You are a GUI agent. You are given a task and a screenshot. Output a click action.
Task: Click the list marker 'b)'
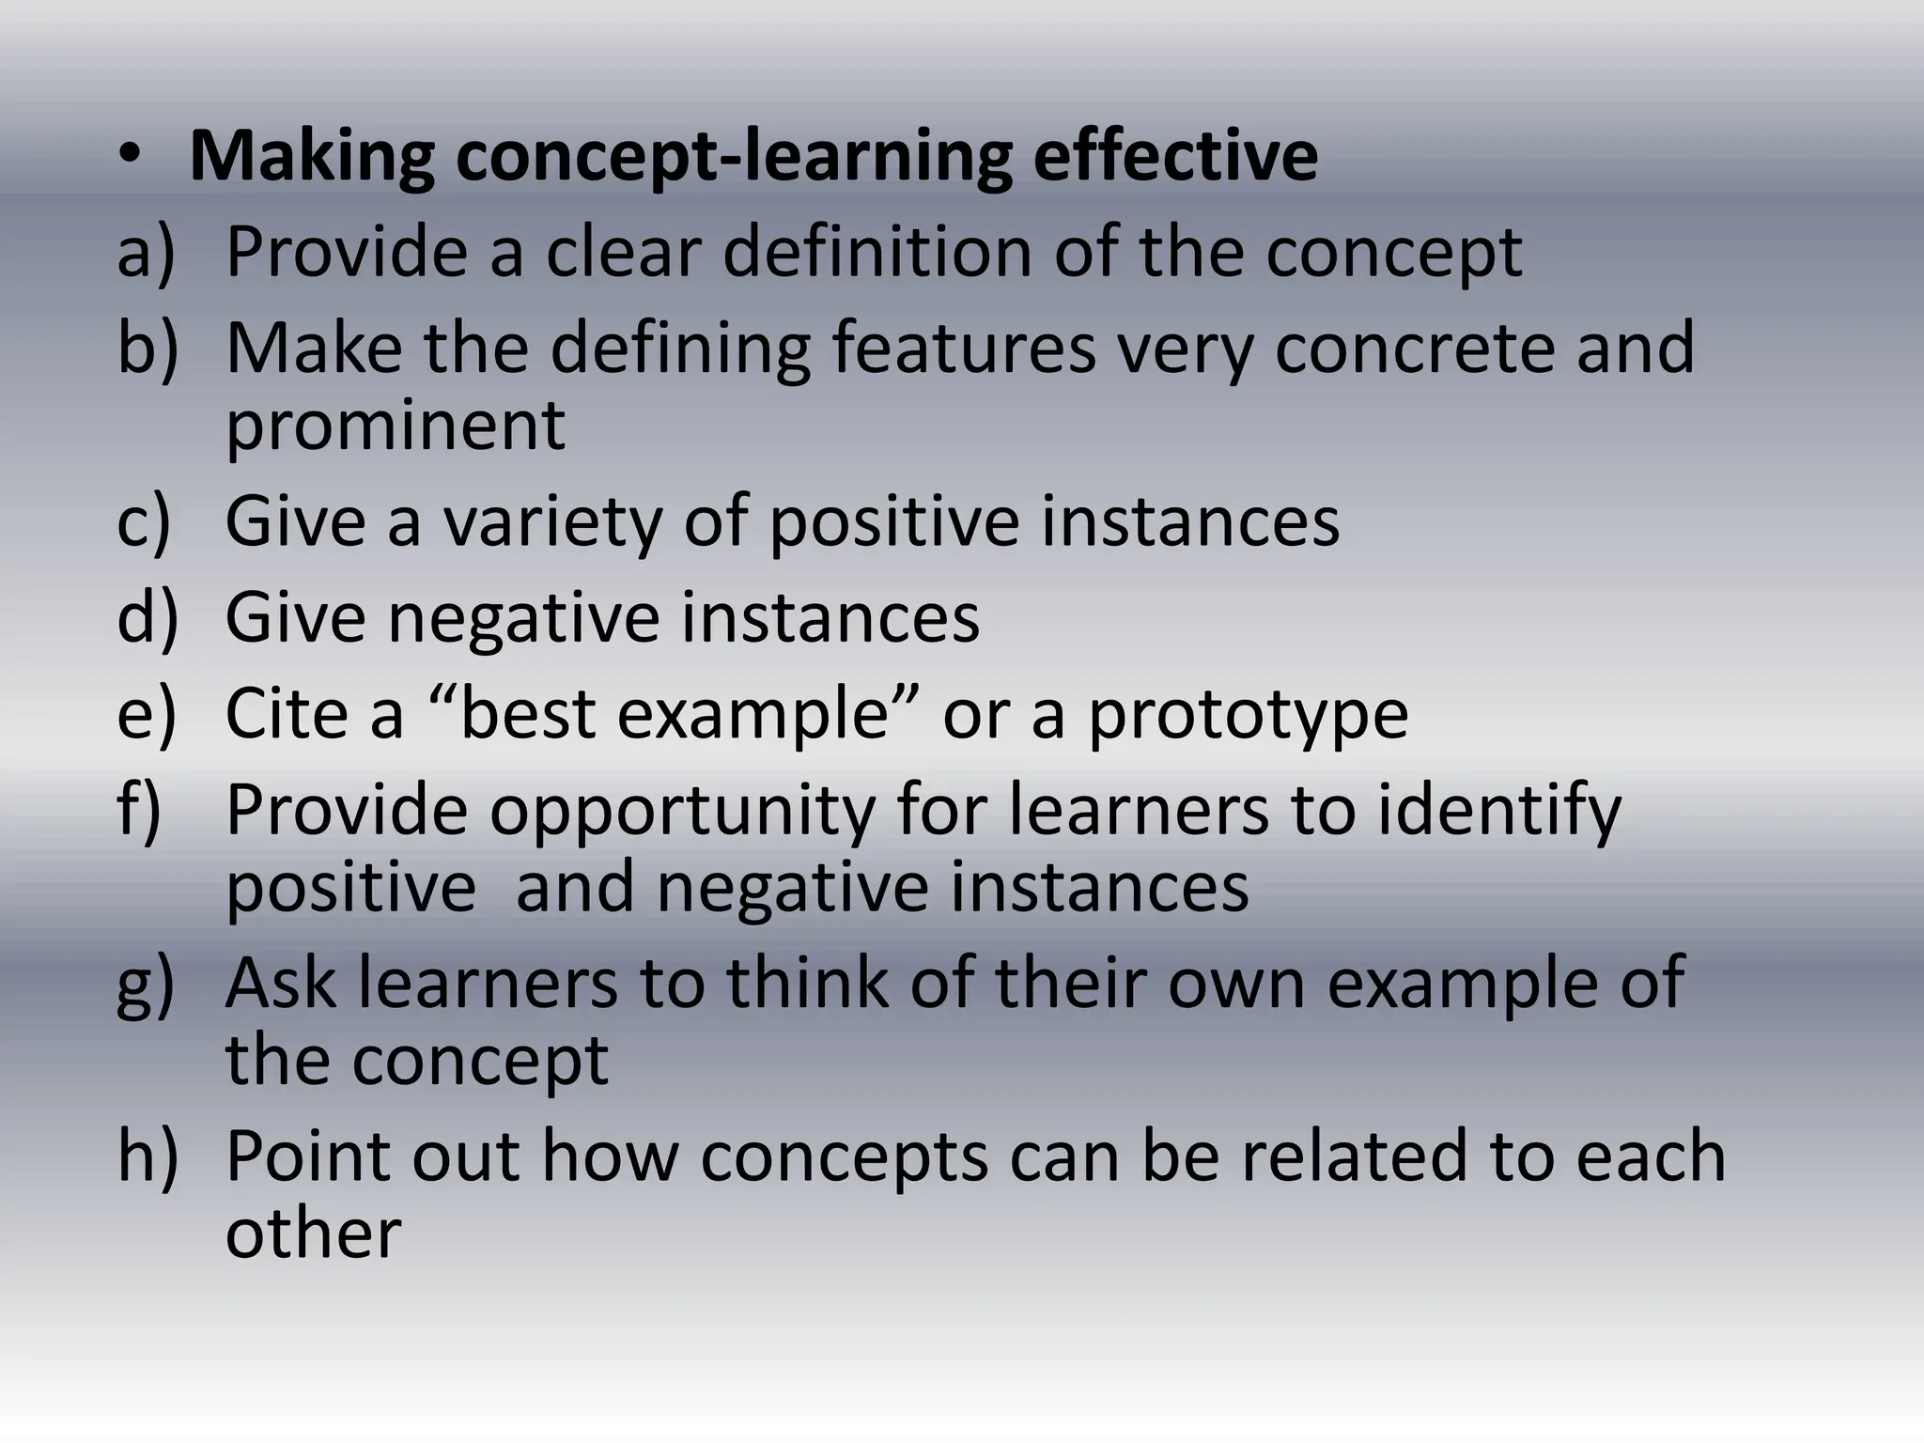(x=147, y=348)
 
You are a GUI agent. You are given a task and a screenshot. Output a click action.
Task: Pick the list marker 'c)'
(x=144, y=521)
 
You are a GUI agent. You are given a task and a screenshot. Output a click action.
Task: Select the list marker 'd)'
(x=147, y=617)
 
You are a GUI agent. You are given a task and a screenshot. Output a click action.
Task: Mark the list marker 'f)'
(x=139, y=810)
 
